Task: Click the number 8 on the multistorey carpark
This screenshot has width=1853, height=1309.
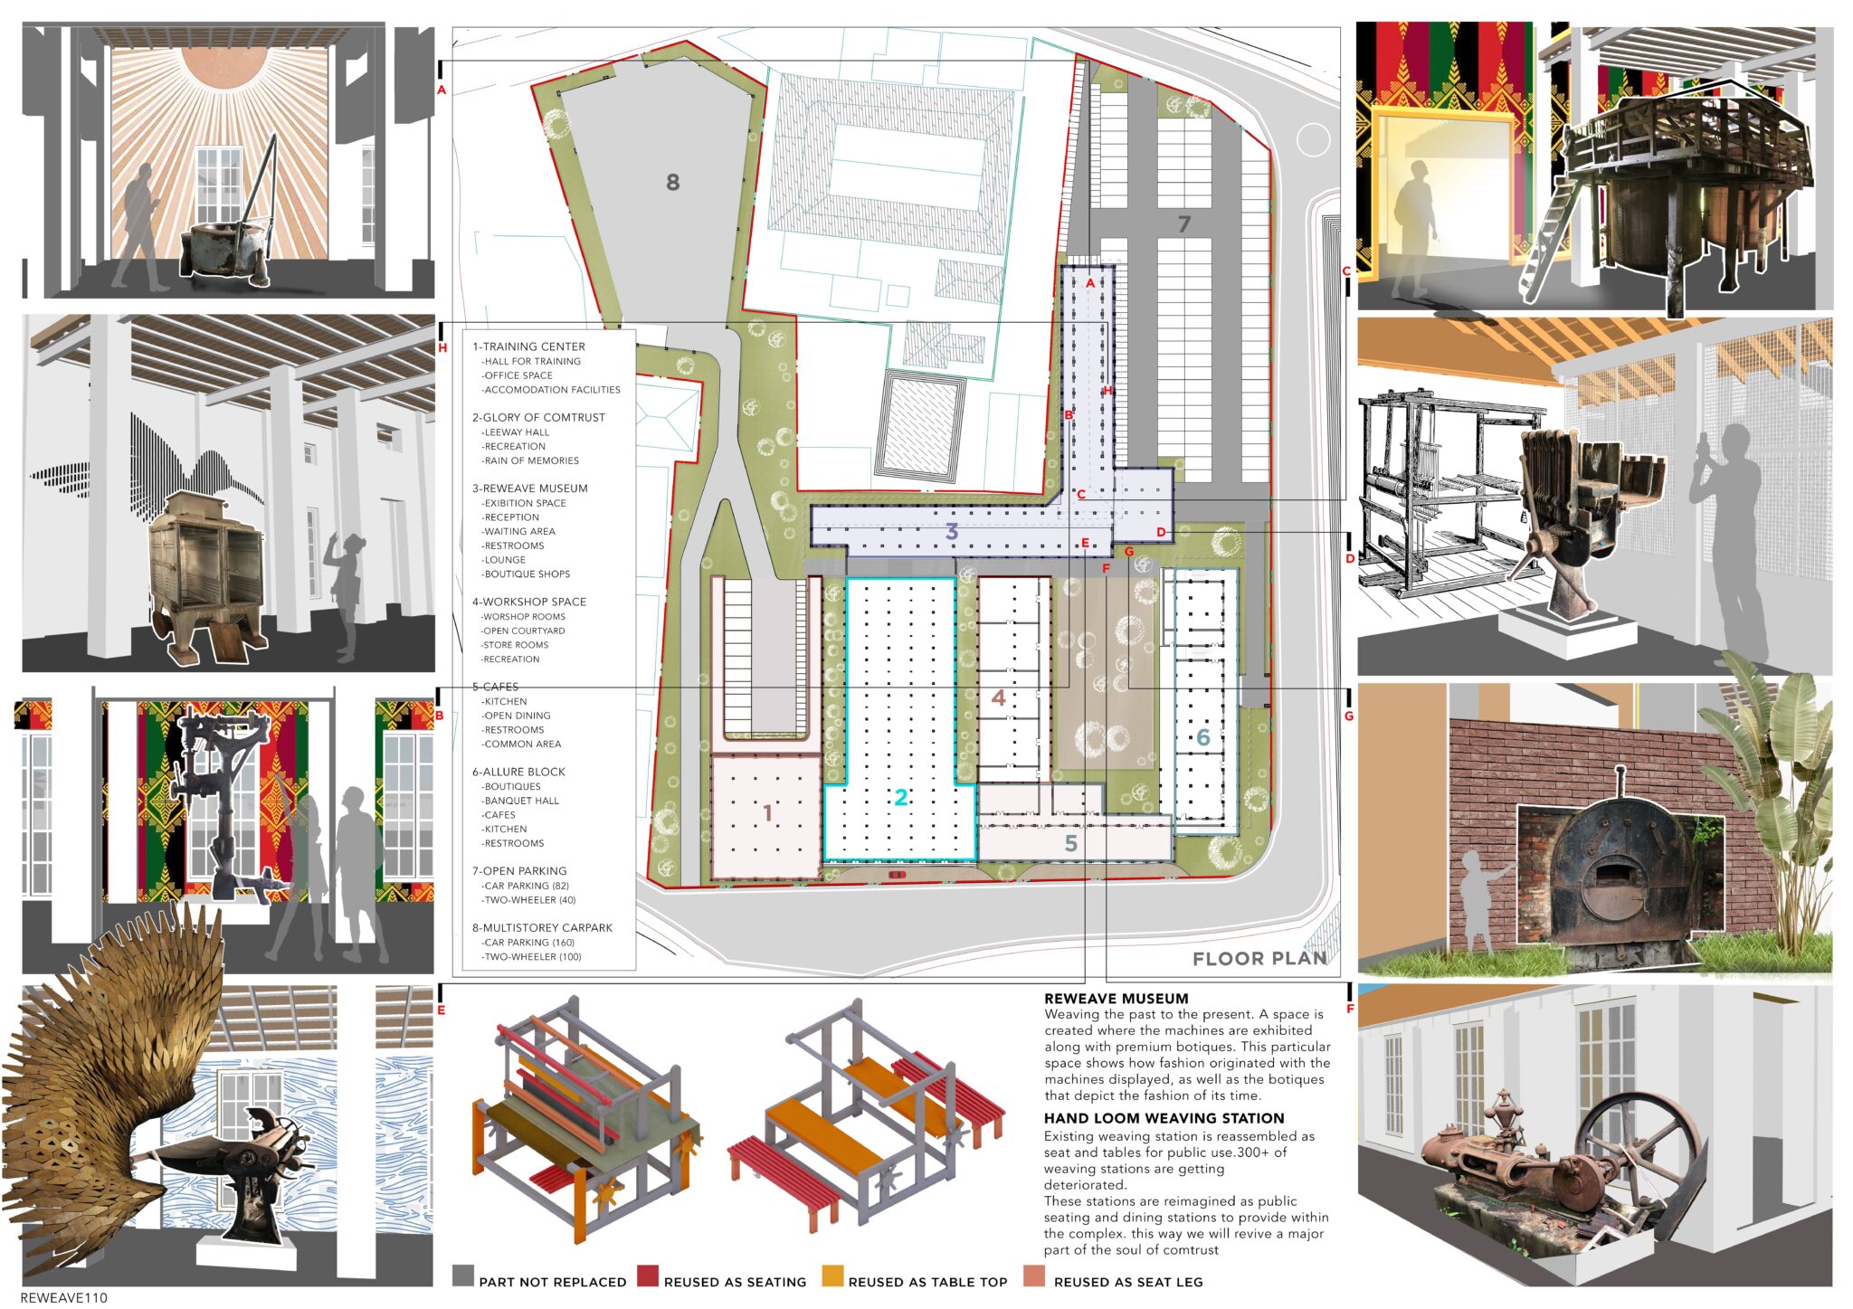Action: pos(672,182)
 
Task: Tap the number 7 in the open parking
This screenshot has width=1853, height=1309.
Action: pos(1183,223)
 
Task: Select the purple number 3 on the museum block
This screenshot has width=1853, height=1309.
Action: pos(951,531)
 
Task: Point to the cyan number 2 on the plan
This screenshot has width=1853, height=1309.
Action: pos(900,797)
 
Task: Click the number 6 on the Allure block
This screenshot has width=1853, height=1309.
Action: pos(1202,737)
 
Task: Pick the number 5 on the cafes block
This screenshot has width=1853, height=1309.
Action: pos(1070,843)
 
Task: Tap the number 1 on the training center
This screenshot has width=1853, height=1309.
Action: pos(767,813)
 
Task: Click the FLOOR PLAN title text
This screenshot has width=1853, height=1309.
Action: pos(1259,959)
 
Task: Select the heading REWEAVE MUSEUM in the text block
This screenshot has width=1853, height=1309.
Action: pos(1116,999)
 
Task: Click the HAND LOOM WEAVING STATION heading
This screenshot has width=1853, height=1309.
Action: pos(1164,1118)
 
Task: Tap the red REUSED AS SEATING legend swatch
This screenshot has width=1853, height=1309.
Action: pos(647,1276)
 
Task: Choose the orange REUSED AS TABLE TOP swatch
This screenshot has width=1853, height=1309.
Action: pos(832,1276)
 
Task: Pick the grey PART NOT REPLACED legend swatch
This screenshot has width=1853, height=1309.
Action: pos(462,1276)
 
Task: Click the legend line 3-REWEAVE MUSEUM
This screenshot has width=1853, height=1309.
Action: pos(529,489)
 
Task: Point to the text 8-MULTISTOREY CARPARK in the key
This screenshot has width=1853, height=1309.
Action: pos(542,928)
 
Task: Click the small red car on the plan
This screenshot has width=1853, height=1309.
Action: pos(896,875)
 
